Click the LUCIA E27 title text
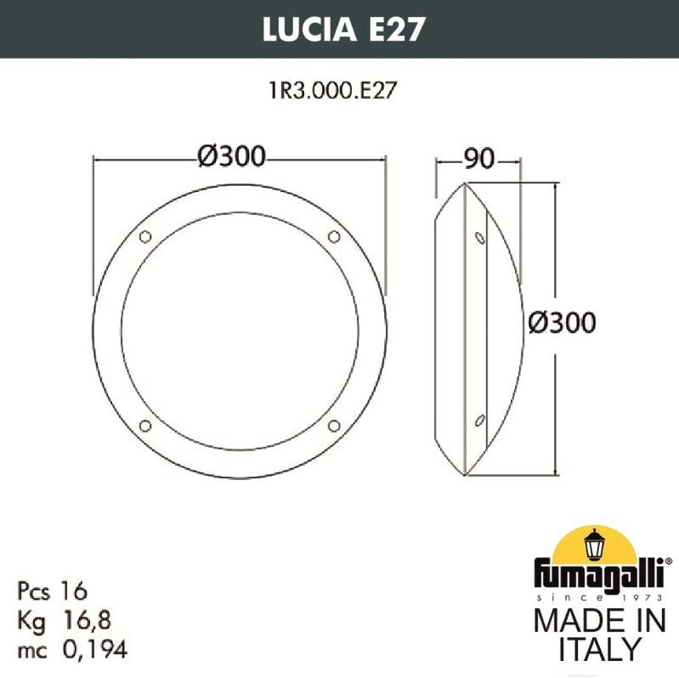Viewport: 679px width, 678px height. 343,29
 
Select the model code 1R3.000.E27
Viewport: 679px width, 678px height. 332,90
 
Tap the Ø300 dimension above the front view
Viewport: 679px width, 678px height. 231,156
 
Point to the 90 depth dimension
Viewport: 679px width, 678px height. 479,159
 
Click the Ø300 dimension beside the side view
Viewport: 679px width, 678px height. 562,323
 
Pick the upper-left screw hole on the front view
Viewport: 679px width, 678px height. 145,237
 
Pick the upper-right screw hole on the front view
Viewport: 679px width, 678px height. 334,237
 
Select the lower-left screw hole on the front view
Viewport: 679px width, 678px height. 145,426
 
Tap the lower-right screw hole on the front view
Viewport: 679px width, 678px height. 334,426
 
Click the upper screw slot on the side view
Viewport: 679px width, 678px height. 480,238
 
